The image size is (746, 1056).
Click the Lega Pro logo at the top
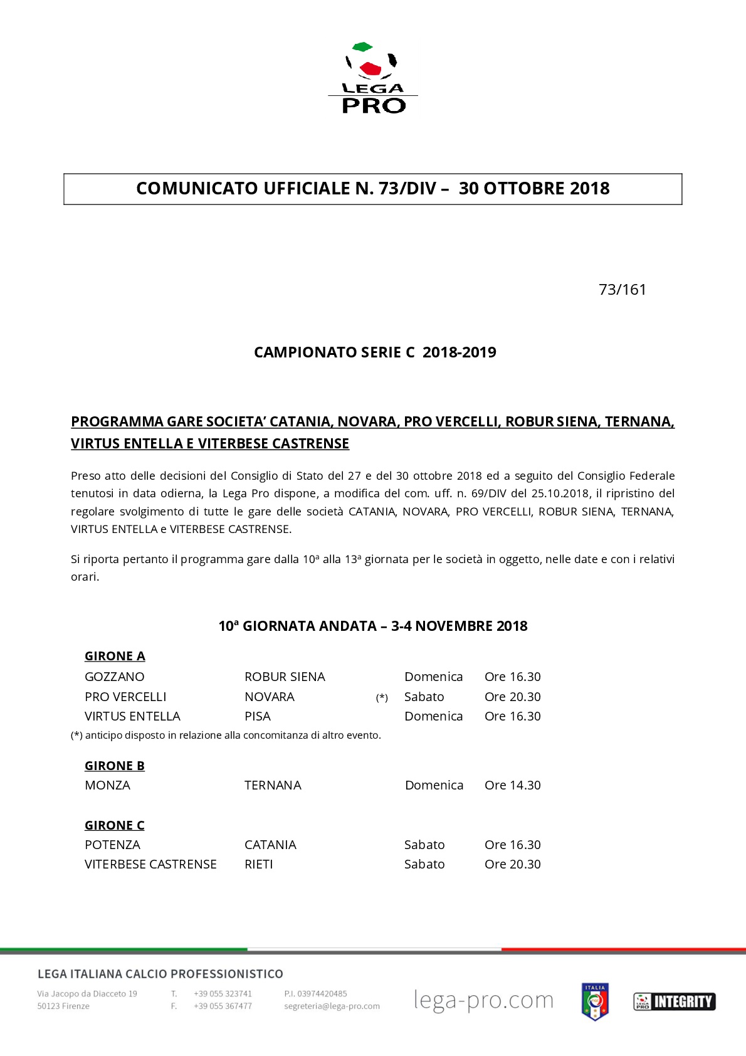(373, 78)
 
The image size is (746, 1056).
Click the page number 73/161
(622, 290)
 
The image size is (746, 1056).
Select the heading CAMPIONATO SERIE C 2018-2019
(375, 352)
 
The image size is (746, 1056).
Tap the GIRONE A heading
(115, 656)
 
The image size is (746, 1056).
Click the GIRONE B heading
(115, 766)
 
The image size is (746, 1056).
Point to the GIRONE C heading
(115, 825)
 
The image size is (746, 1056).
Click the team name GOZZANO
(115, 677)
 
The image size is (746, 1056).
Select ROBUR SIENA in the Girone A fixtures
(285, 677)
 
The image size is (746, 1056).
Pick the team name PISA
(258, 716)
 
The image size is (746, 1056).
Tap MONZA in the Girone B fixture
(108, 785)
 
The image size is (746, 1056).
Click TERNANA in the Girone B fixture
(273, 785)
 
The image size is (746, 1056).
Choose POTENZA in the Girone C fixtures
(113, 845)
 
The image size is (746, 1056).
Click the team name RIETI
(259, 864)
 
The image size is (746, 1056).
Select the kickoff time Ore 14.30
(512, 785)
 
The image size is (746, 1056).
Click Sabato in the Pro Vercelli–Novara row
(424, 697)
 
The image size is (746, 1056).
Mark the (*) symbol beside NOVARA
(382, 697)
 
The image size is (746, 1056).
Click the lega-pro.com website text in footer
(483, 1000)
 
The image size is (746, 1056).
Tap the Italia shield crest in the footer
(595, 1001)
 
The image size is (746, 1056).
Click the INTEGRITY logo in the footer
(674, 1001)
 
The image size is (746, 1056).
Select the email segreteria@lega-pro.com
(332, 1006)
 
